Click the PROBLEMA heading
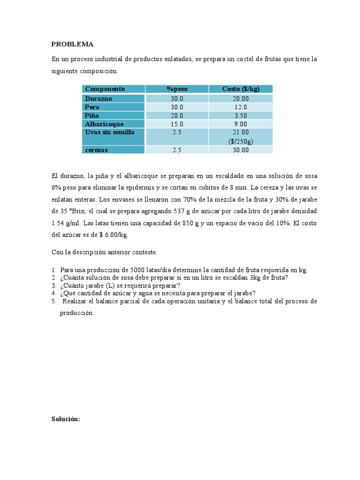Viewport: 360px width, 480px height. click(x=72, y=45)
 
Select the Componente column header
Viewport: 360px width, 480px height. click(x=105, y=89)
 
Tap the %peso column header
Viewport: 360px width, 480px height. click(x=177, y=89)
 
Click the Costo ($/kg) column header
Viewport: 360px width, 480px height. click(x=240, y=89)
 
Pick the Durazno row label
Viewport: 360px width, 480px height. click(x=98, y=98)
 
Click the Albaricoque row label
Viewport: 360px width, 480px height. click(x=104, y=124)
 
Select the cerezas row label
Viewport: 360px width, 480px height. click(x=97, y=150)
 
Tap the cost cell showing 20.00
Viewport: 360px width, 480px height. click(x=240, y=98)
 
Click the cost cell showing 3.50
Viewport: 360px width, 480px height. click(x=240, y=115)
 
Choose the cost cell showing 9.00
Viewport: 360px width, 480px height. click(x=240, y=124)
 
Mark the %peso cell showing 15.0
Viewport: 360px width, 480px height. click(x=177, y=124)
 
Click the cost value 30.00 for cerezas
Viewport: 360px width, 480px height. click(x=240, y=150)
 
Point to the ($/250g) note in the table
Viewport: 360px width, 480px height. click(x=240, y=141)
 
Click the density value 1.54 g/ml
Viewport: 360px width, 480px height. click(x=64, y=223)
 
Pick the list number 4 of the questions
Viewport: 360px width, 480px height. click(x=54, y=293)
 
